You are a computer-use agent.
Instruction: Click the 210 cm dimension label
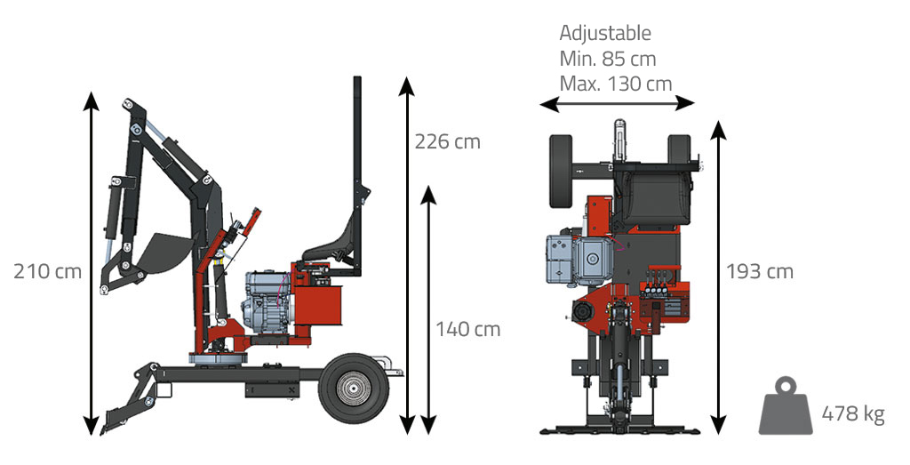tap(47, 271)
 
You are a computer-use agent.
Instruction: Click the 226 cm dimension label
tap(447, 141)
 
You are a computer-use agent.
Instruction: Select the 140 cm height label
tap(467, 329)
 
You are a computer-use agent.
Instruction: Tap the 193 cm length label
tap(759, 271)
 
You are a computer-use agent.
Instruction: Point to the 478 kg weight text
tap(853, 413)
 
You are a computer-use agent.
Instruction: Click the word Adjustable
tap(605, 34)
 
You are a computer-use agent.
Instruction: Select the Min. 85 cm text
tap(608, 59)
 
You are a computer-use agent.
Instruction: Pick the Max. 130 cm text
tap(615, 84)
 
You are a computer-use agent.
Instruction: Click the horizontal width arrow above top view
tap(617, 104)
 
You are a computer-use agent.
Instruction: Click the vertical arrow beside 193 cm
tap(719, 276)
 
